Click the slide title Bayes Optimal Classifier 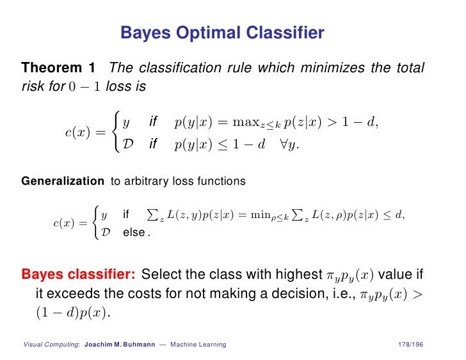point(222,33)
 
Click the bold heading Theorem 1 point(58,67)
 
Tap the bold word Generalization point(63,181)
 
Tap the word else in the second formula point(134,233)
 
